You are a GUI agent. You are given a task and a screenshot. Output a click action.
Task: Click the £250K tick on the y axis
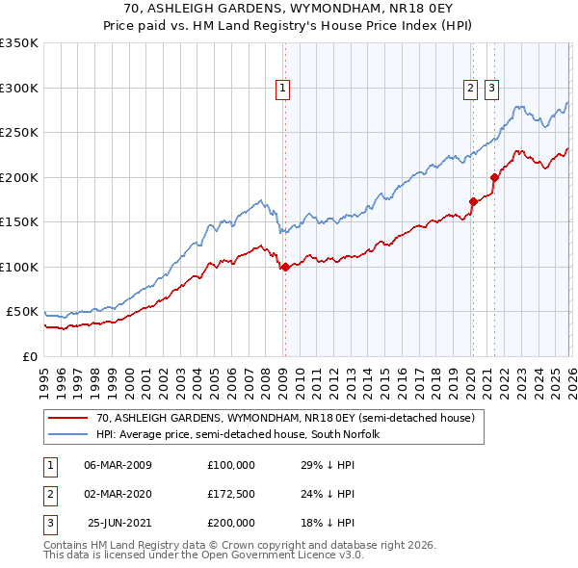19,133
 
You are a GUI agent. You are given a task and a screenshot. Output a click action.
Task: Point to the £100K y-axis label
19,267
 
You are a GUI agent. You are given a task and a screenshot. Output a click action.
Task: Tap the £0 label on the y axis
29,356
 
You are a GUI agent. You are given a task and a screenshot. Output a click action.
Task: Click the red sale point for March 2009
285,268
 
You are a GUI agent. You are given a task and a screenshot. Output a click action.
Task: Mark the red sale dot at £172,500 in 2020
473,202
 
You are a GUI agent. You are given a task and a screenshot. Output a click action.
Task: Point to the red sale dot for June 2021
494,177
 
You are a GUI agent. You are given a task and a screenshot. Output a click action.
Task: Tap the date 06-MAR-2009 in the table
118,465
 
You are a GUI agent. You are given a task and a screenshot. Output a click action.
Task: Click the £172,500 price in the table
231,494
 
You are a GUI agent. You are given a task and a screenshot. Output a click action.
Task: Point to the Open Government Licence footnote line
203,555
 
